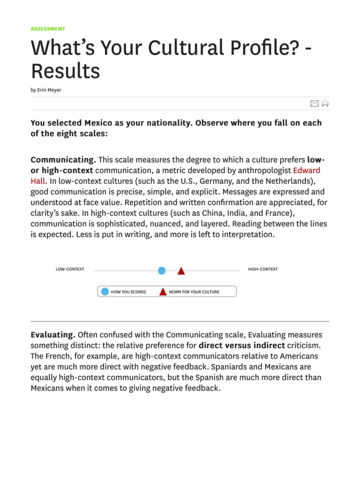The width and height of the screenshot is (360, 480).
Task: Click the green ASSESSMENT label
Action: tap(48, 29)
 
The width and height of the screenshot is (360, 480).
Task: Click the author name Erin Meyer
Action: tap(49, 90)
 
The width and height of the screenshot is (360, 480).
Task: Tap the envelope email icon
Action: tap(315, 104)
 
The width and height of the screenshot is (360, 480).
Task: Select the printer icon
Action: tap(325, 104)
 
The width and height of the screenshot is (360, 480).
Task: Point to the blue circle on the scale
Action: tap(162, 270)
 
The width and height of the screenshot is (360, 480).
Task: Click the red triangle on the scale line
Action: tap(181, 270)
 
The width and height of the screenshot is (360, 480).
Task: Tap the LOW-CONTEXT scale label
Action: tap(70, 269)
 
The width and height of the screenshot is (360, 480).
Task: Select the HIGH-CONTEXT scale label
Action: tap(263, 269)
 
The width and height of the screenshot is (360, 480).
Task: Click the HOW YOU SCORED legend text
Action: tap(128, 292)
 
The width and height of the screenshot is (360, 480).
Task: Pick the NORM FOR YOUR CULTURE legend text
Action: tap(194, 292)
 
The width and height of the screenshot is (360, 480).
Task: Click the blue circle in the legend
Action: tap(105, 292)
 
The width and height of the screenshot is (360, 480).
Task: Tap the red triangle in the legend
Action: tap(163, 292)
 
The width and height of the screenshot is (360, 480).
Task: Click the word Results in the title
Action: tap(65, 71)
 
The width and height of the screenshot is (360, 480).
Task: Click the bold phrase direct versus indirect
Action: tap(241, 345)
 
